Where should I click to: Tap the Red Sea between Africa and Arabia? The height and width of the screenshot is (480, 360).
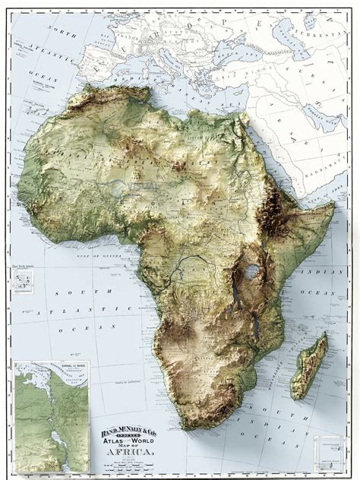(270, 156)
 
